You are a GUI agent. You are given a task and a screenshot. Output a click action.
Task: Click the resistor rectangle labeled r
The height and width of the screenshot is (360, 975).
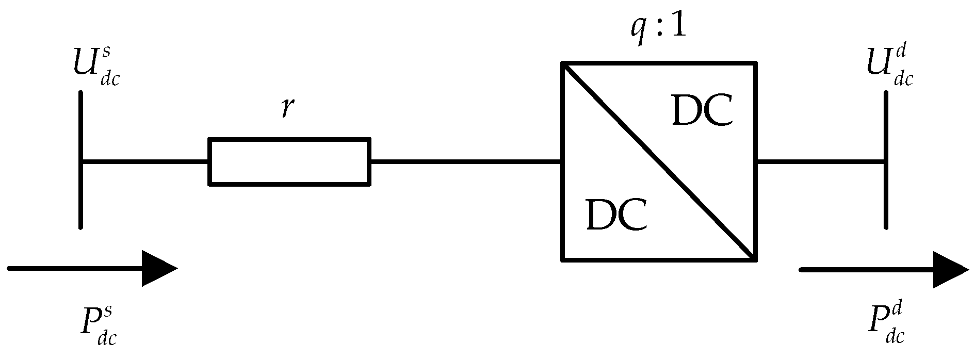(x=289, y=161)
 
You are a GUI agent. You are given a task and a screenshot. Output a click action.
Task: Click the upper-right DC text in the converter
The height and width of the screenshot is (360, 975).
(x=702, y=112)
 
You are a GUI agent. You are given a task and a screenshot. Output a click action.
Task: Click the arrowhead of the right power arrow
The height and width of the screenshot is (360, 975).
(x=950, y=270)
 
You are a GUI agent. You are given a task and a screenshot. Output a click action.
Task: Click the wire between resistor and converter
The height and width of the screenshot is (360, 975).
(x=464, y=161)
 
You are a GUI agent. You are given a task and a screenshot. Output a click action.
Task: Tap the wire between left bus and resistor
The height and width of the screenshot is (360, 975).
(x=144, y=161)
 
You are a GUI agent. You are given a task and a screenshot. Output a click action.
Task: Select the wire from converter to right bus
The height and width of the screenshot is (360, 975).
(x=820, y=161)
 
